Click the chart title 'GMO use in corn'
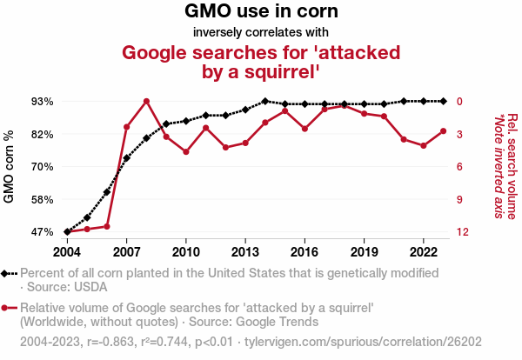261,12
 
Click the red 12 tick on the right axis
464,232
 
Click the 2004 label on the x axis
67,251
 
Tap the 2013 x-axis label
245,251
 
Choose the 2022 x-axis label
423,251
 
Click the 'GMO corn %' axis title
10,167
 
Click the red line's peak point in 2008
146,102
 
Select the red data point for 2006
107,226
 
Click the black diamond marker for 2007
127,158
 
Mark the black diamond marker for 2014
265,102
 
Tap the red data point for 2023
443,131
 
